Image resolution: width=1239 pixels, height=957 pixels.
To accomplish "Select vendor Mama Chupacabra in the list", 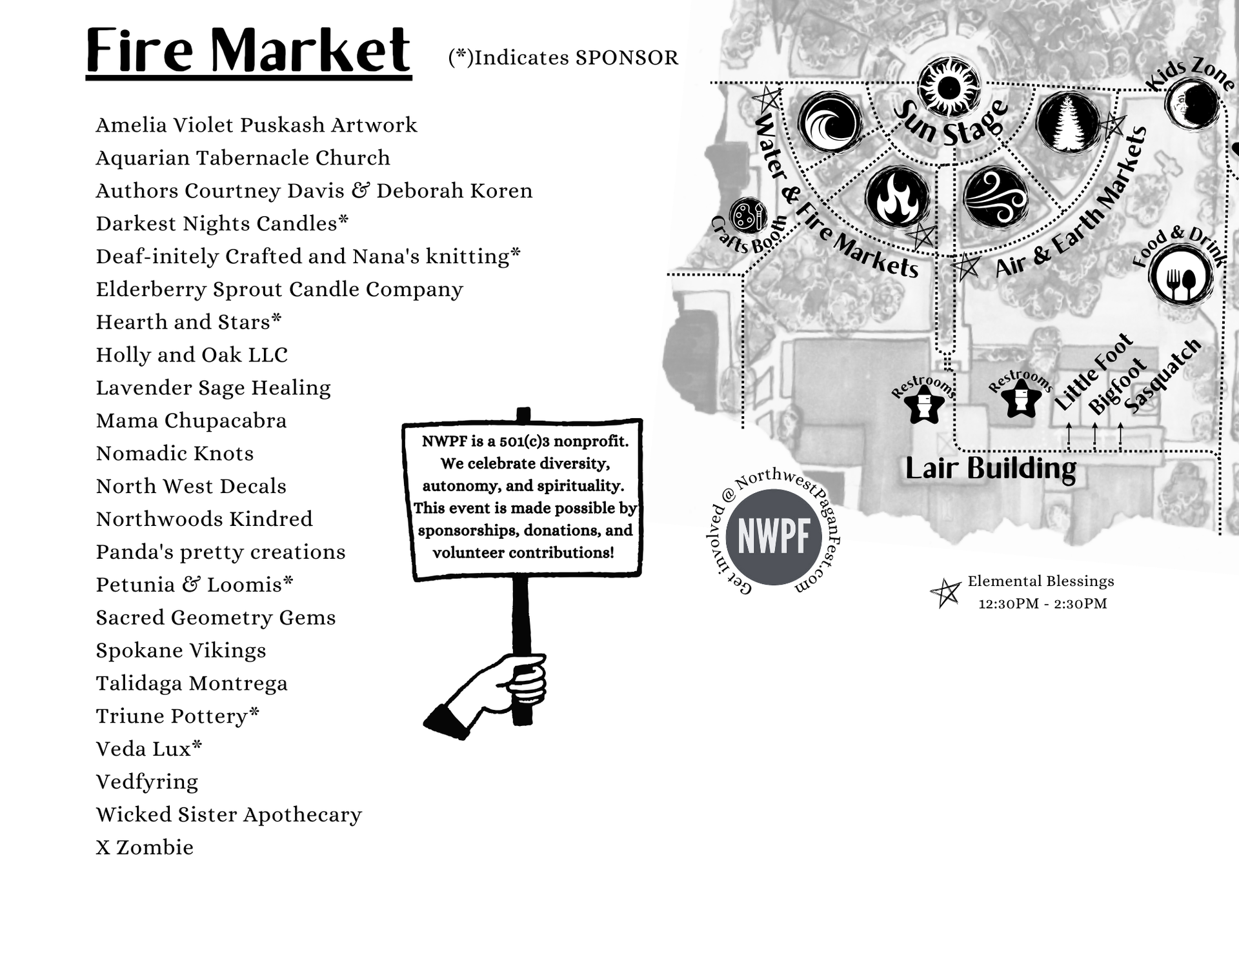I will coord(191,421).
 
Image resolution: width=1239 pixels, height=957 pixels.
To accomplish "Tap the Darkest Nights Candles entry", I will coord(222,223).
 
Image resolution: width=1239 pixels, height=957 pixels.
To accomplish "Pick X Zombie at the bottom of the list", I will coord(145,847).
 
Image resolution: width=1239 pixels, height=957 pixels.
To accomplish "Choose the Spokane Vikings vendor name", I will coord(181,650).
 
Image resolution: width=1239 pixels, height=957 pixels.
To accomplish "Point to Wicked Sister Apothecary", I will coord(228,814).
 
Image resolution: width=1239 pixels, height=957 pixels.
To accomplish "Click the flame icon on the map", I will coord(897,196).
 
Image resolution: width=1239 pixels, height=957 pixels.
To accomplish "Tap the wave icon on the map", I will coord(830,122).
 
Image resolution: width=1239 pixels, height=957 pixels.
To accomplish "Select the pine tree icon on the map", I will coord(1067,122).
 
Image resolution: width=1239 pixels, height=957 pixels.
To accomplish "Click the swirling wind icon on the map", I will coord(995,196).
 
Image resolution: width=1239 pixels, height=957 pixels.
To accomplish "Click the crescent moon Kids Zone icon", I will coord(1192,103).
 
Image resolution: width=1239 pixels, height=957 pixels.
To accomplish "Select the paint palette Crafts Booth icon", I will coord(748,215).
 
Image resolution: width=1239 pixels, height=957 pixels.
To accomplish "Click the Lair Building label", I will coord(991,468).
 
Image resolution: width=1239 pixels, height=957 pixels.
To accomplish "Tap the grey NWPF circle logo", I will coord(774,537).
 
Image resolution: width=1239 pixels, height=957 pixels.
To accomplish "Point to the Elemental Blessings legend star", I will coord(946,593).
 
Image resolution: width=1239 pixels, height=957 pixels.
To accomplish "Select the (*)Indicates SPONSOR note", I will coord(563,57).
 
